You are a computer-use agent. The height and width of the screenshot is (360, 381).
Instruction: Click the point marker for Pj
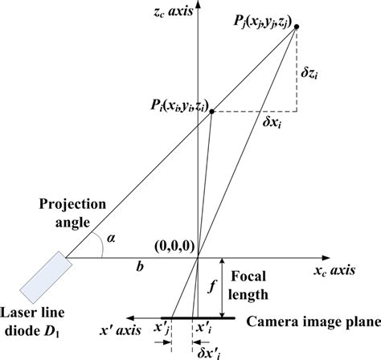point(297,27)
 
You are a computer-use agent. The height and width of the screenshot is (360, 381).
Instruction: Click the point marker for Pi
point(211,112)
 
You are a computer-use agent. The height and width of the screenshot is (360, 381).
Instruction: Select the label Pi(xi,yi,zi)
point(179,105)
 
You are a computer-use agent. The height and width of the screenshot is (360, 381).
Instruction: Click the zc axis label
point(174,12)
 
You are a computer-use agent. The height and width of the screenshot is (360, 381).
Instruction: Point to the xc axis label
point(334,271)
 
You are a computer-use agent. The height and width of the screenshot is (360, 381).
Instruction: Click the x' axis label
point(120,330)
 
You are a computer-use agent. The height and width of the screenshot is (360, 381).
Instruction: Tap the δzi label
point(309,72)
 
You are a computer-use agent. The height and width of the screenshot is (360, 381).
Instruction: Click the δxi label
point(272,123)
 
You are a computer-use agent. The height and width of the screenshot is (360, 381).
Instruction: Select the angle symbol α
point(111,238)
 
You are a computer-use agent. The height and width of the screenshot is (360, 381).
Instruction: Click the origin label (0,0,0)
point(174,247)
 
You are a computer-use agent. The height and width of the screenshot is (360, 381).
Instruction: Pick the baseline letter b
point(140,267)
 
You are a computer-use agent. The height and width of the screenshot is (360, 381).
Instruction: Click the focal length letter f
point(211,287)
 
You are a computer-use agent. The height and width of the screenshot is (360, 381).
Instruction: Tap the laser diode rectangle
point(46,277)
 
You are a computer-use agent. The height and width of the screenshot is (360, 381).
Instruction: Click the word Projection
point(72,205)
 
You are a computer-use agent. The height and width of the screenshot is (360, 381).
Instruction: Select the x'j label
point(162,329)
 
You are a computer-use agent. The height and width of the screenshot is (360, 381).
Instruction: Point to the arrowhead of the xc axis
point(326,258)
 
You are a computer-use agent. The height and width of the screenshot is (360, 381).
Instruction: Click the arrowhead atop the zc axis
point(198,3)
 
